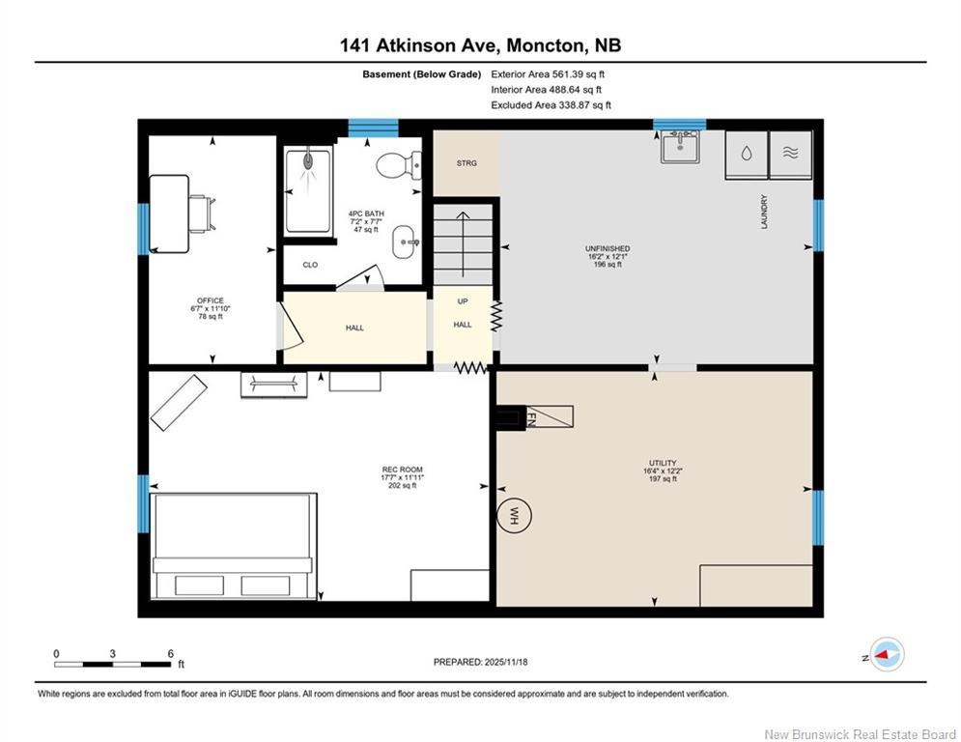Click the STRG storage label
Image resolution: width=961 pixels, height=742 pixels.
click(466, 163)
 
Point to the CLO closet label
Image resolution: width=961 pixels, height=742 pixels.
click(310, 265)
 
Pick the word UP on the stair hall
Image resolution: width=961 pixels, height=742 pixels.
click(463, 301)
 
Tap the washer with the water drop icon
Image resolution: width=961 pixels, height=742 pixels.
click(746, 155)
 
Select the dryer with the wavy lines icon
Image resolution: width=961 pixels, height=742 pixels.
click(791, 155)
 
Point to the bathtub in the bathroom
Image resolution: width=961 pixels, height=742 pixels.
click(308, 190)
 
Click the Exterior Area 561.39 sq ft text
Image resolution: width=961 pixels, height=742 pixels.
click(549, 73)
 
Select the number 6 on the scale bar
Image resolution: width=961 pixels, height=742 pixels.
click(170, 653)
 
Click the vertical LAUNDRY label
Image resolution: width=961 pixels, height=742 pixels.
click(762, 213)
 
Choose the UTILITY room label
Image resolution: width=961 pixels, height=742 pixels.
click(663, 464)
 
